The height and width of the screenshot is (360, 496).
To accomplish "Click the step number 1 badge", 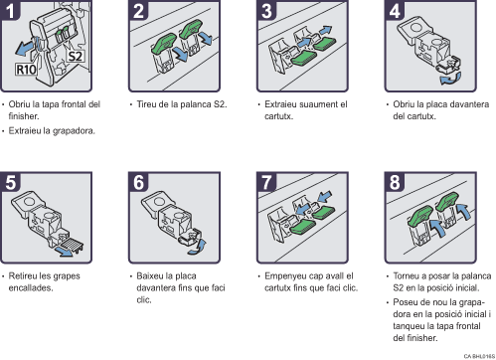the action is coord(10,10).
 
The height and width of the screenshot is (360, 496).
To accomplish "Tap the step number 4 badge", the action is coord(395,10).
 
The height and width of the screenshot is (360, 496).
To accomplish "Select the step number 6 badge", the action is coord(138,182).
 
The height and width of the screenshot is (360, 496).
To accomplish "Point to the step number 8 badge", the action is coord(395,182).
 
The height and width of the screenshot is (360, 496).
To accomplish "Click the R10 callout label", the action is coord(26,70).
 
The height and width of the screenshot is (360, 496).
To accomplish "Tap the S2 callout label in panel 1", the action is coord(75,57).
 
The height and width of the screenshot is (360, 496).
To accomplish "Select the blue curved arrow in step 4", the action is coord(450,79).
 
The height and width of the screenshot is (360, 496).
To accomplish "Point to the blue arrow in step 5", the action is coord(64,252).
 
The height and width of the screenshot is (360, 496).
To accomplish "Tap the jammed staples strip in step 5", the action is coord(71,244).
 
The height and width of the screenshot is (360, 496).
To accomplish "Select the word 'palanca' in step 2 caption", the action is coord(196,104).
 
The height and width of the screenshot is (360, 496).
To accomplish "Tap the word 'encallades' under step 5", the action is coord(31,287).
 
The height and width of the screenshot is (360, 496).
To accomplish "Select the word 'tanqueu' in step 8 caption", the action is coord(409,326).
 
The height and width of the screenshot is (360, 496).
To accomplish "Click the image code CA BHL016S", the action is coord(479,356).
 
